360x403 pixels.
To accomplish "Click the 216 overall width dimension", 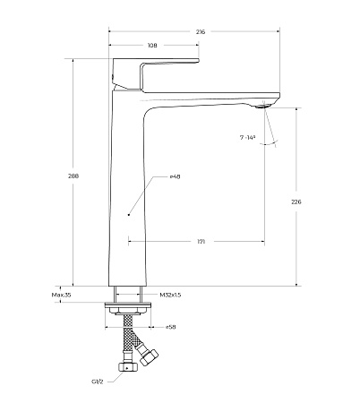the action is tap(201, 31).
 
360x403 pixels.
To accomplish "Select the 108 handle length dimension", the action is tap(152, 46).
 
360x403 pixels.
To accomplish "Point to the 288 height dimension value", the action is tap(73, 176).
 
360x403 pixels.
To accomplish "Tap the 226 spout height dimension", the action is tap(296, 201).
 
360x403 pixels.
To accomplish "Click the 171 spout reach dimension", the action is tap(201, 242).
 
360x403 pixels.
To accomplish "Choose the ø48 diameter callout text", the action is tap(175, 176).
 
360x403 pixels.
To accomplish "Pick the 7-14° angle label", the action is tap(248, 137).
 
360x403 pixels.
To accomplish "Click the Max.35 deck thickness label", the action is tap(61, 295).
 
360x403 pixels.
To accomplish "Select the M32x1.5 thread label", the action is tap(170, 295).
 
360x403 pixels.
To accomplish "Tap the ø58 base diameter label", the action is tap(170, 327).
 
